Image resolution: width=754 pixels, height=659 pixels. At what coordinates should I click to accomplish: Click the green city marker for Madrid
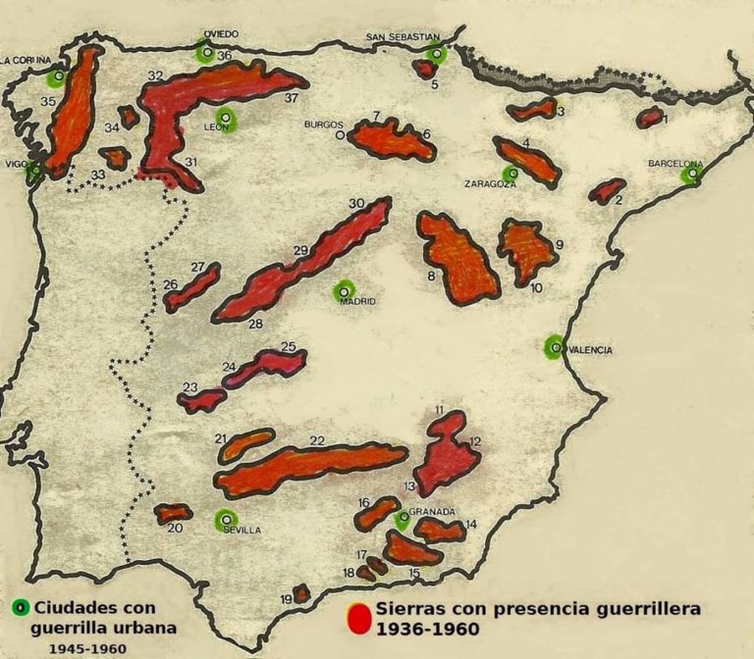[x=344, y=290]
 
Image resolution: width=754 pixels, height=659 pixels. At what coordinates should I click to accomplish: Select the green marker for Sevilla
[x=227, y=520]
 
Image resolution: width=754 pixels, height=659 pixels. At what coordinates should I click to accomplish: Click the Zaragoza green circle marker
[x=510, y=175]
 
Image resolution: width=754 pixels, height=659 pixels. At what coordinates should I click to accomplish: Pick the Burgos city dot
[x=341, y=135]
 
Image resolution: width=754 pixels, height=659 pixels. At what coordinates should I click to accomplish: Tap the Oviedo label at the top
[x=221, y=33]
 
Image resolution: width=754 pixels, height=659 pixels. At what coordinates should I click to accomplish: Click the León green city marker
[x=227, y=120]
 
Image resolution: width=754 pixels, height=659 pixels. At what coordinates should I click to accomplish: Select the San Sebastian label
[x=403, y=37]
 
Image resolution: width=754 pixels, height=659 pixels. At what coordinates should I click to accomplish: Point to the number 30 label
[x=356, y=203]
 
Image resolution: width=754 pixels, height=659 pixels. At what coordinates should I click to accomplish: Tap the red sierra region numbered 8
[x=458, y=255]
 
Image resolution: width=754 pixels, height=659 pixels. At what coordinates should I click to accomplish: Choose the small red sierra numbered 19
[x=301, y=593]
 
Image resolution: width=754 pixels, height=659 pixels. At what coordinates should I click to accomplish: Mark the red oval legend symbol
[x=360, y=618]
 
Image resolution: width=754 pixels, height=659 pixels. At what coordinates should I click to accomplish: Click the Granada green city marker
[x=403, y=519]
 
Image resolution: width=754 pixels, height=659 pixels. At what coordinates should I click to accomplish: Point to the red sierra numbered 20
[x=174, y=513]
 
